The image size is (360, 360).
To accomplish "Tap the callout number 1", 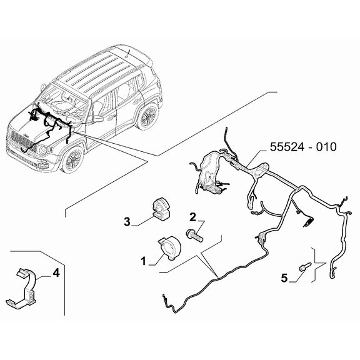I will pos(143,261).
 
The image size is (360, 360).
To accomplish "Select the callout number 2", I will pos(193,217).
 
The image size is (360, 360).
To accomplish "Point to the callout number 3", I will pos(127,221).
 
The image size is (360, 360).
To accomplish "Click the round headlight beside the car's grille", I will pos(42,150).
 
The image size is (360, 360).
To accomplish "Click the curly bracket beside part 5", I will pos(320,265).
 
